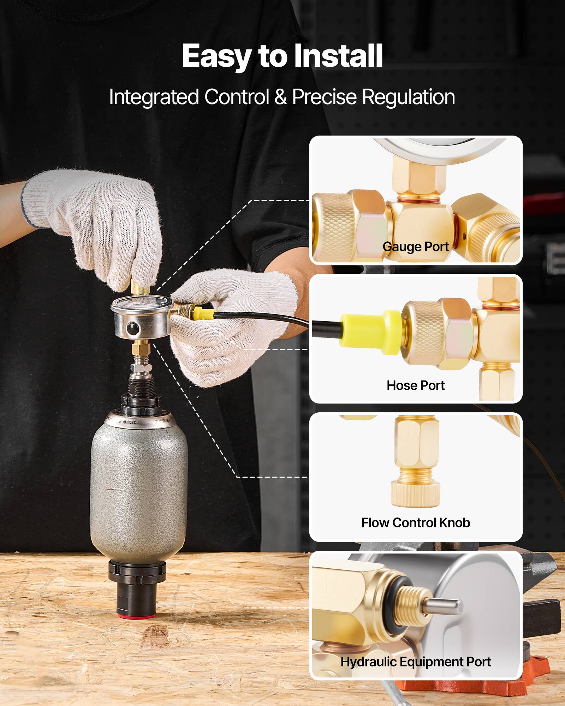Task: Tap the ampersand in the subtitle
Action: coord(280,97)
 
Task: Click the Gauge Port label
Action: coord(416,246)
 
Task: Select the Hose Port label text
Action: coord(416,385)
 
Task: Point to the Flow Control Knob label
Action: coord(416,522)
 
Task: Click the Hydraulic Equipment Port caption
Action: coord(416,662)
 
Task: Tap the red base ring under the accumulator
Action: coord(136,616)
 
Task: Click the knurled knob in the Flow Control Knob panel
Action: coord(416,494)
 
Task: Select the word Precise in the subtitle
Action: coord(324,97)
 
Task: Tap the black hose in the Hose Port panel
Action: coord(325,327)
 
